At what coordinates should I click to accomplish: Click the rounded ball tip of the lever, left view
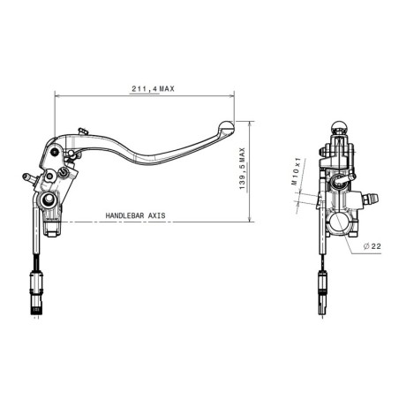[224, 126]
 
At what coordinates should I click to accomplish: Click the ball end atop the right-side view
[336, 124]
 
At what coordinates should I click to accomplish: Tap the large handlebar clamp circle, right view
[339, 222]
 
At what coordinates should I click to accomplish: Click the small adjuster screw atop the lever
[81, 132]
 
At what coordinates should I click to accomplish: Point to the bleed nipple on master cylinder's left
[28, 177]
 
